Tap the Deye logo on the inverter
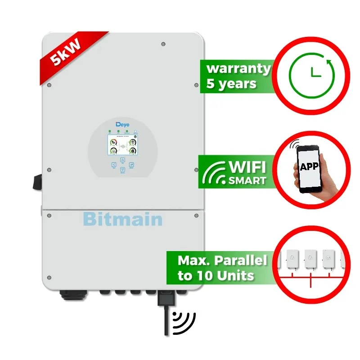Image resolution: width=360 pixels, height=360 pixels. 122,123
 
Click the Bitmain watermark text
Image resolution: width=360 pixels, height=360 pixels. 123,219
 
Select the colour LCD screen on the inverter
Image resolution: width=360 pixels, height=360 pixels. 122,146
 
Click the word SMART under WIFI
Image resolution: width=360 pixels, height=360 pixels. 247,180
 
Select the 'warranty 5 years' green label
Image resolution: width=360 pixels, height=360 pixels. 238,76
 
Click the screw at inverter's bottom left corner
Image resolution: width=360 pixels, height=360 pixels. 49,277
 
